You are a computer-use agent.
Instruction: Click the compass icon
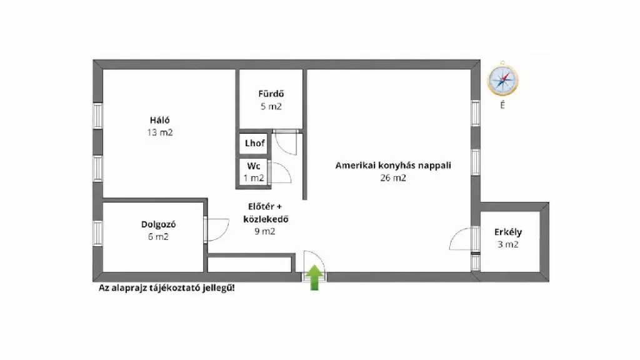502,79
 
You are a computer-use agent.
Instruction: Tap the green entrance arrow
314,277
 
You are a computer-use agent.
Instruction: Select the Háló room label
159,120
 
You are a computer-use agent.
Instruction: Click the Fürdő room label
271,94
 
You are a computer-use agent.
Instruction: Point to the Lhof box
254,144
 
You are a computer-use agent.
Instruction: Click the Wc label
254,166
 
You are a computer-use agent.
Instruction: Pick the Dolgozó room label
158,224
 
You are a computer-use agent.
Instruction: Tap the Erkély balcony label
507,232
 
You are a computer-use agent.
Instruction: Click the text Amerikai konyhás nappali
393,165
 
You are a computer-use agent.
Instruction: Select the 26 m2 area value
393,177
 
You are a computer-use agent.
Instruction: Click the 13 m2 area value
160,132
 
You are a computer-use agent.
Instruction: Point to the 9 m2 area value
265,231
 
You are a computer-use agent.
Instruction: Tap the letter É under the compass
502,105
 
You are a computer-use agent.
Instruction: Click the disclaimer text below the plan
166,287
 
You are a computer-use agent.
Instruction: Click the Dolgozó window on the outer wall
97,232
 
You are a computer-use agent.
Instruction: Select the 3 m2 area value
507,244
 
